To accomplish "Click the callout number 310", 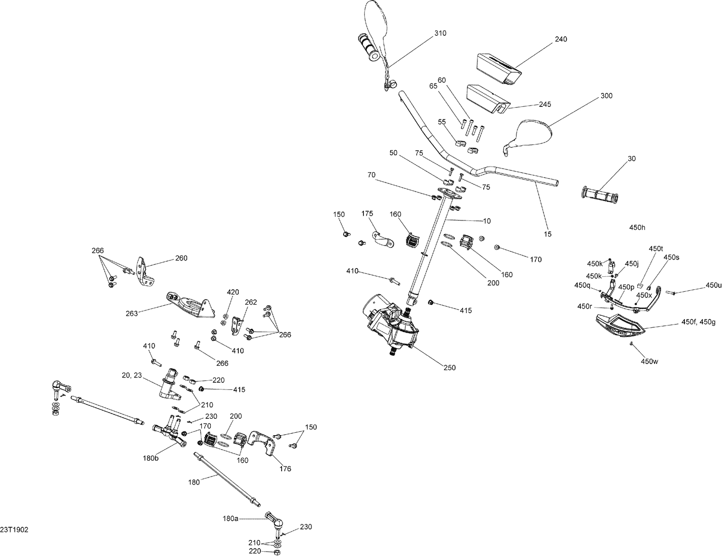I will tap(440, 33).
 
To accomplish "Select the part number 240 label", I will tap(561, 39).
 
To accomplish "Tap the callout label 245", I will tap(545, 104).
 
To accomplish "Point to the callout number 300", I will tap(606, 96).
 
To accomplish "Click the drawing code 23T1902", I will tap(14, 530).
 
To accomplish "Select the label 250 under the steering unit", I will tap(449, 368).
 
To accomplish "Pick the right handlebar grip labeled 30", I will tap(600, 195).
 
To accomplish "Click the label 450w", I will tap(649, 361).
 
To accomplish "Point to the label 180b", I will tap(150, 458).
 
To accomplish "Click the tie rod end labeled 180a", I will tap(273, 520).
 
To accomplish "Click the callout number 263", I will tap(131, 313).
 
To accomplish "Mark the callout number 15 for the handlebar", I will tap(547, 234).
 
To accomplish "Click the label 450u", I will tap(713, 285).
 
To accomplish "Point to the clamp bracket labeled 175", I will tap(383, 239).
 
